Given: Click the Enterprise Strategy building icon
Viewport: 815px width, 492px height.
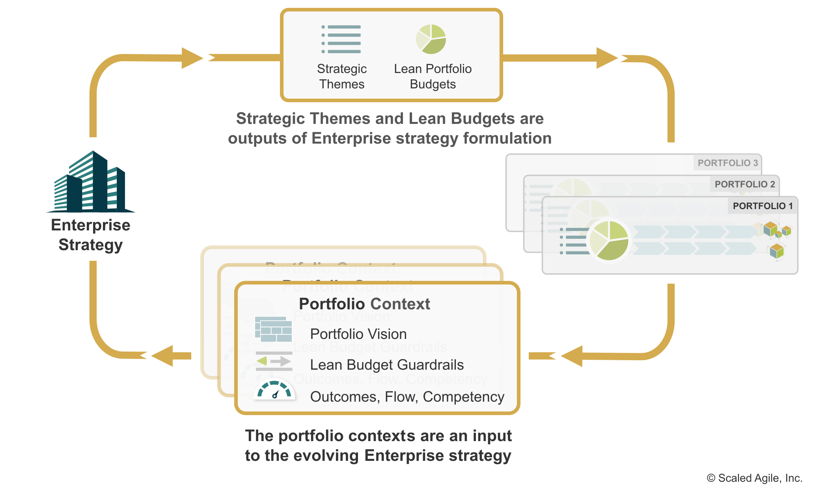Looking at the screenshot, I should pyautogui.click(x=91, y=182).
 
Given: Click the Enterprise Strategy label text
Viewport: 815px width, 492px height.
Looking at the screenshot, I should pyautogui.click(x=91, y=235).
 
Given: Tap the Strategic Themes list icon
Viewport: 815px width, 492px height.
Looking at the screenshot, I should pyautogui.click(x=341, y=39).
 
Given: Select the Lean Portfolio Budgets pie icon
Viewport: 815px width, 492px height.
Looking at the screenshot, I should pyautogui.click(x=431, y=39).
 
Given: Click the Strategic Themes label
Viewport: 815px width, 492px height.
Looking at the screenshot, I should pyautogui.click(x=342, y=76).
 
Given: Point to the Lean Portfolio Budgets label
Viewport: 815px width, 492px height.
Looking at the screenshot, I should pyautogui.click(x=433, y=76).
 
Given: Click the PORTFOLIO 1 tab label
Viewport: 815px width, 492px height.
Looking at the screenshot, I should pyautogui.click(x=763, y=206).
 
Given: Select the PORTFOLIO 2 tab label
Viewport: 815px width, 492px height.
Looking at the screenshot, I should pyautogui.click(x=745, y=184).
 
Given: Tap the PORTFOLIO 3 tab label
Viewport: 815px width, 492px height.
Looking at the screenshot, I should pyautogui.click(x=727, y=163).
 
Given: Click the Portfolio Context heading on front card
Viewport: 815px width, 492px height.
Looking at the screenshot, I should pyautogui.click(x=364, y=304).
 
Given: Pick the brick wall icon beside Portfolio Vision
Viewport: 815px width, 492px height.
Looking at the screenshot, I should pyautogui.click(x=273, y=329).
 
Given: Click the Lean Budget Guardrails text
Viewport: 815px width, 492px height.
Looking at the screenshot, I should pyautogui.click(x=387, y=365).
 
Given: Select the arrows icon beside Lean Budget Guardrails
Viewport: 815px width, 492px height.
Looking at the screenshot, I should pyautogui.click(x=274, y=361).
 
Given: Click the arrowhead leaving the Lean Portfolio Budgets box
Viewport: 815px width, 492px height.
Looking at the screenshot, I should pyautogui.click(x=609, y=58).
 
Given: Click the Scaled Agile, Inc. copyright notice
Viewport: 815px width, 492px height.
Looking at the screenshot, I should pyautogui.click(x=754, y=478).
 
